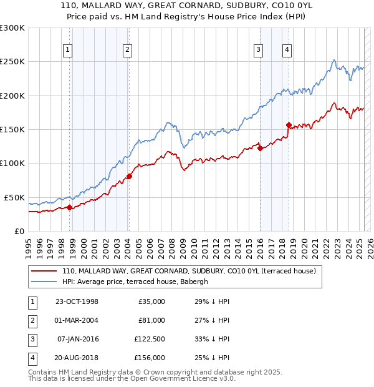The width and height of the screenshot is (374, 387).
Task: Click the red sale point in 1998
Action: coord(69,207)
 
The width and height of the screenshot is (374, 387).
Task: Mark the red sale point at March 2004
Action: coord(129,176)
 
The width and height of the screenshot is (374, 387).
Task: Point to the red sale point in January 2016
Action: coord(260,148)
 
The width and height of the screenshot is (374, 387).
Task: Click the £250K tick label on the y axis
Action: coord(12,62)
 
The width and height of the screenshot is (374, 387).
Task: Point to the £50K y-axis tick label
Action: coord(14,197)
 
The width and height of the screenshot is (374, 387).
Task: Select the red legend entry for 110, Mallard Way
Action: coord(189,271)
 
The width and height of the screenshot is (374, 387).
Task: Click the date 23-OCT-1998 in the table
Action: coord(77,301)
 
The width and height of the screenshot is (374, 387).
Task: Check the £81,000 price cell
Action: coord(151,320)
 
